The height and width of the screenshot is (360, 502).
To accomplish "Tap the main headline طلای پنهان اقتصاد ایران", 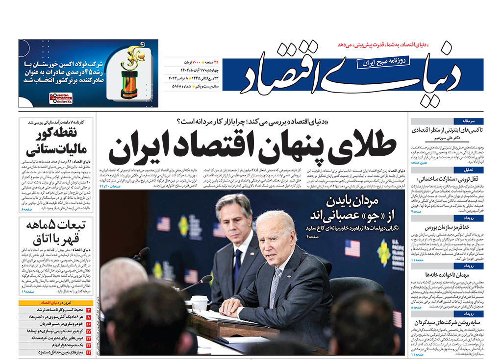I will pyautogui.click(x=252, y=148).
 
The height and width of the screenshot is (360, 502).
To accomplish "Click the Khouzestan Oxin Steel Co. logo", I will pyautogui.click(x=60, y=98).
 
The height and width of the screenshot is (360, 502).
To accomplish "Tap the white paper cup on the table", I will pyautogui.click(x=200, y=303).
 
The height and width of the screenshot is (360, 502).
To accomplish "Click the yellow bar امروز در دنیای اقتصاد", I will pyautogui.click(x=55, y=303).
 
